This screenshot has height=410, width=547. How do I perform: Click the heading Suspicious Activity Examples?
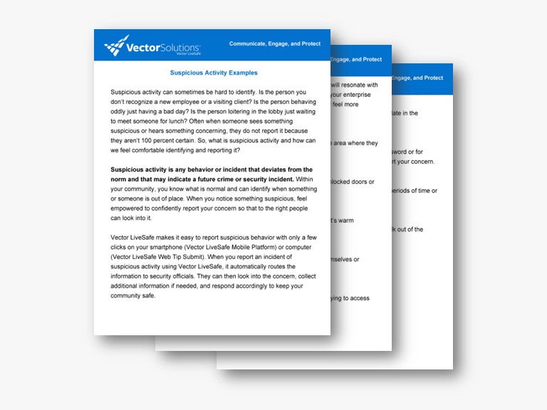coord(214,73)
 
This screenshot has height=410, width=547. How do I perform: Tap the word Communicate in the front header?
coord(249,43)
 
